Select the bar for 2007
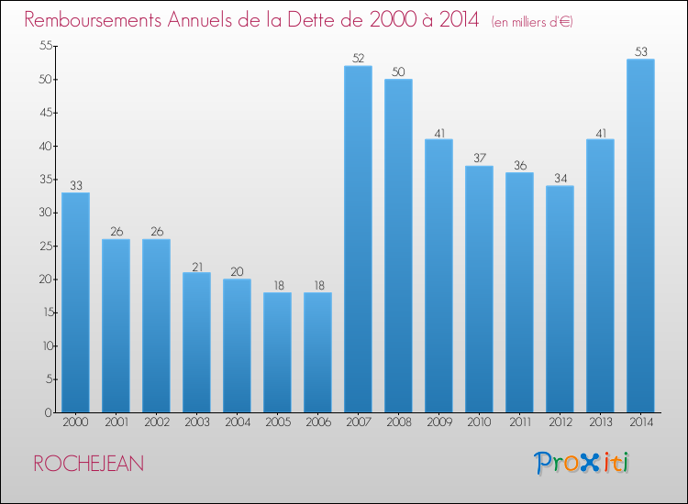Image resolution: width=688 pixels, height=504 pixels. [358, 239]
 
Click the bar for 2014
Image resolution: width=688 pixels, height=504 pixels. [640, 236]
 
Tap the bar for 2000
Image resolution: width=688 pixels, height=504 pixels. [75, 302]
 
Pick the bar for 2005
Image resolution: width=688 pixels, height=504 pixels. [277, 353]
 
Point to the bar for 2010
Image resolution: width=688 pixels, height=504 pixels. [479, 290]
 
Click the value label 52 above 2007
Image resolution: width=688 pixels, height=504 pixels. [358, 59]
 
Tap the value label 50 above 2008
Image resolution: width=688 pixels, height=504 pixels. [398, 71]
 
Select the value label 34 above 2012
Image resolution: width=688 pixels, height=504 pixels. [560, 179]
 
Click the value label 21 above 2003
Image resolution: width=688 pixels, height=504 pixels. [197, 267]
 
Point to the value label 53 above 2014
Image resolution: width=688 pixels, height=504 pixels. [640, 51]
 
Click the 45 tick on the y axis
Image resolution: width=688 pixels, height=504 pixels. [46, 113]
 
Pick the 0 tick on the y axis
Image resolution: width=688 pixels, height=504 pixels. [49, 412]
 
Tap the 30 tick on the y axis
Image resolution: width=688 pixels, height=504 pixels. [46, 213]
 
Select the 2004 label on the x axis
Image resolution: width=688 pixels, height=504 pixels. [238, 422]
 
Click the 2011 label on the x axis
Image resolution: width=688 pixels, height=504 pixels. [520, 422]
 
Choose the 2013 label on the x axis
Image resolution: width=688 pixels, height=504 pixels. [600, 422]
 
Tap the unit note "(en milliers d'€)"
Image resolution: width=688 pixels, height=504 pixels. [532, 22]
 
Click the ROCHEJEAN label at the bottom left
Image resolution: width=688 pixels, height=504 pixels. [89, 464]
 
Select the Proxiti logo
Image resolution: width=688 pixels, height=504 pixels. [582, 463]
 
